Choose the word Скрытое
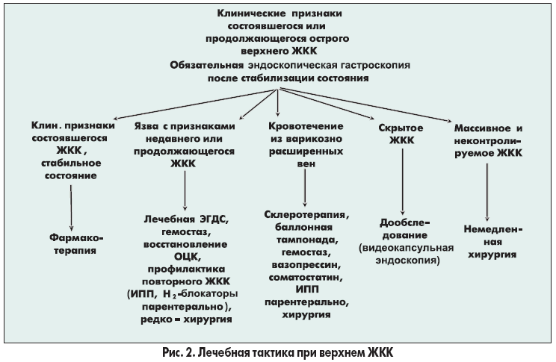click(404, 128)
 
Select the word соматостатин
click(307, 278)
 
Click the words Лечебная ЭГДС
click(185, 221)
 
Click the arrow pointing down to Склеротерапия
click(305, 183)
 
